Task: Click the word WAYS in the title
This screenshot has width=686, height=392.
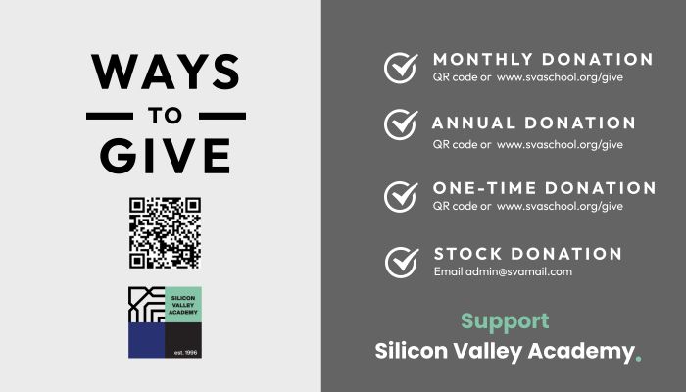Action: click(166, 72)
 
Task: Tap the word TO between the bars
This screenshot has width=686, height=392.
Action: click(165, 116)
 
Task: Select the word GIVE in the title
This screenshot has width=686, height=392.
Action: click(166, 156)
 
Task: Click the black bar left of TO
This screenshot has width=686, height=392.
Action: click(110, 116)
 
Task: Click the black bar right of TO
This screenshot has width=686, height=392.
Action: click(222, 116)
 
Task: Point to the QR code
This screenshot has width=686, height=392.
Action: click(165, 233)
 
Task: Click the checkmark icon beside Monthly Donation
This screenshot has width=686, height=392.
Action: click(401, 68)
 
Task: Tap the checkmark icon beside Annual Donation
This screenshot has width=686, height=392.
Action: click(401, 124)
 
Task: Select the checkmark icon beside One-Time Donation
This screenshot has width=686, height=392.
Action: click(401, 197)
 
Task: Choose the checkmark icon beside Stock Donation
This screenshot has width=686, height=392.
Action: click(402, 263)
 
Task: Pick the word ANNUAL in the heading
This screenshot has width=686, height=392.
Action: click(473, 122)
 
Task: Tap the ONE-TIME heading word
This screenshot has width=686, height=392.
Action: click(484, 188)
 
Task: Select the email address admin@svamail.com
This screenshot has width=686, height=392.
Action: click(518, 271)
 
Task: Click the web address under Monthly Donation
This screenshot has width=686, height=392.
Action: click(560, 77)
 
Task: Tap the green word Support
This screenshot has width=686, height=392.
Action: click(505, 322)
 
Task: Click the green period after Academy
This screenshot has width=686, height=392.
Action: click(638, 359)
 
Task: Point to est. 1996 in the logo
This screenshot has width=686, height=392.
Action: click(185, 352)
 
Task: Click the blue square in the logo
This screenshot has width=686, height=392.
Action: click(147, 340)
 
